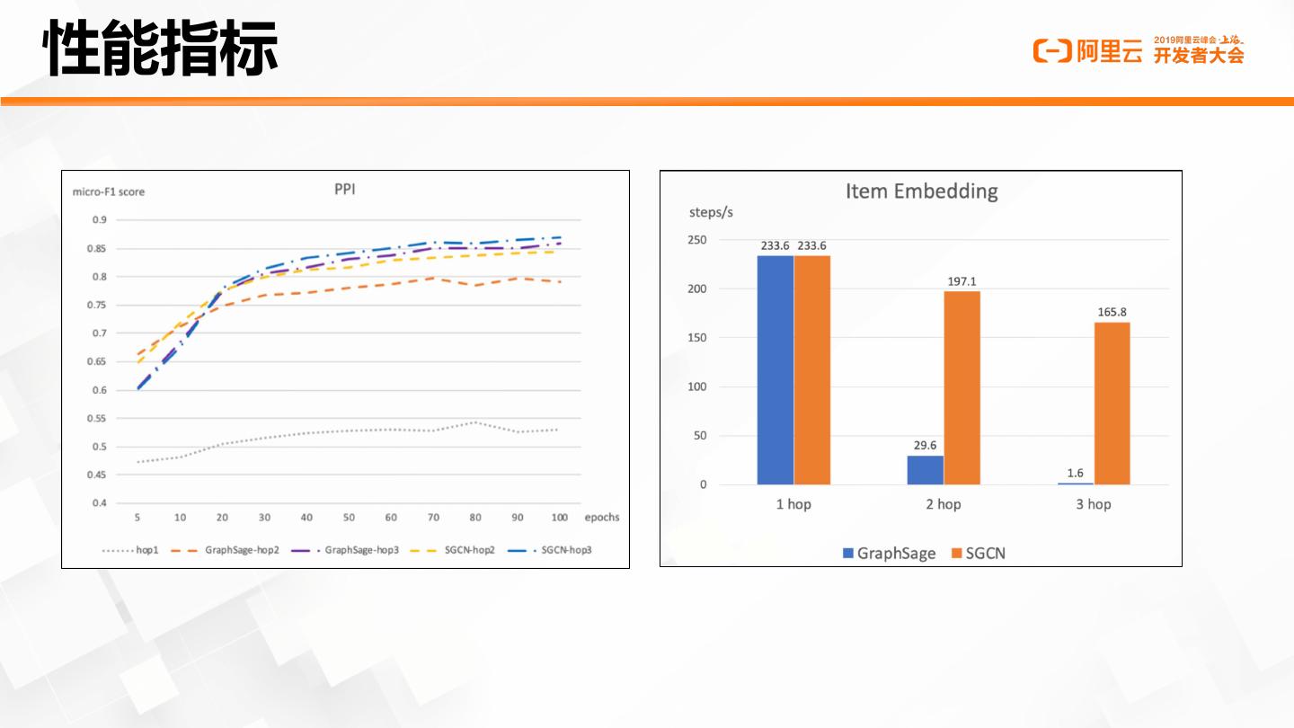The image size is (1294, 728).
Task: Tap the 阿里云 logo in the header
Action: pos(1087,52)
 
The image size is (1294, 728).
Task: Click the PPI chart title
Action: pos(345,190)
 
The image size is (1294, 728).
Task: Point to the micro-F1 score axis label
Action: pos(109,191)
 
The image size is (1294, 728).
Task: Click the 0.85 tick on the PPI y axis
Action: pos(99,249)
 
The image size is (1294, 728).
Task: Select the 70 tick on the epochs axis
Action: pos(433,518)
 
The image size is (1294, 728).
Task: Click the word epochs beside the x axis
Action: pos(601,518)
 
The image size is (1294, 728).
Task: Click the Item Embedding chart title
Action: pos(921,191)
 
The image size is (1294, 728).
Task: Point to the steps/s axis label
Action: pos(711,212)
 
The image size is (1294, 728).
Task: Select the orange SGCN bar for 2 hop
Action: pos(962,387)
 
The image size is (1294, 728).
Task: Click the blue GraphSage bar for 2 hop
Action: pos(925,470)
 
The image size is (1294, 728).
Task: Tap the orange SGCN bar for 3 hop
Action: pos(1112,403)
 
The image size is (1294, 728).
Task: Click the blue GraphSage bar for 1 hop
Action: pos(775,369)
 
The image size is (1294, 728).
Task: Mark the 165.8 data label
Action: pos(1112,312)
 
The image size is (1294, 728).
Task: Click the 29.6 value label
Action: pos(925,445)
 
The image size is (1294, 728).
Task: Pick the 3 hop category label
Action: pos(1093,504)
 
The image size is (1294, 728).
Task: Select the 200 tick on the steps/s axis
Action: pos(698,289)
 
